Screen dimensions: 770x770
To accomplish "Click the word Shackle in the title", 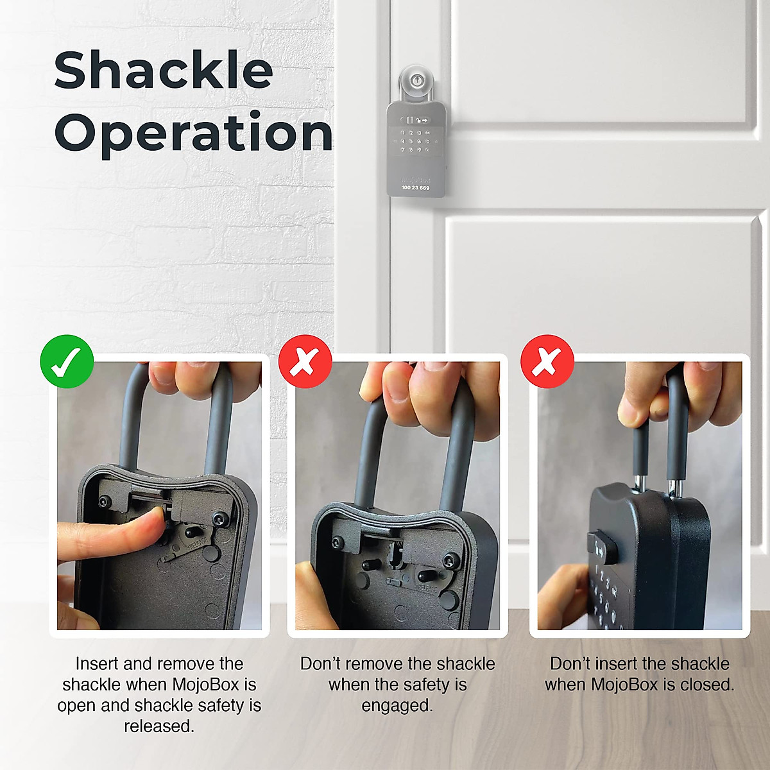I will (164, 71).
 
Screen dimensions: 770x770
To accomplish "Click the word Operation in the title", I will (194, 133).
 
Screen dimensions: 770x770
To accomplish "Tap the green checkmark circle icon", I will (67, 361).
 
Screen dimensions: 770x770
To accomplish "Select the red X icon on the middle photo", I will (305, 361).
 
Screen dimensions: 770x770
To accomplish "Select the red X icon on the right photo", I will (547, 361).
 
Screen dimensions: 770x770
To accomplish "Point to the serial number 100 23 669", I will (415, 188).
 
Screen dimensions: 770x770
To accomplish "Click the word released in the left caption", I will (158, 726).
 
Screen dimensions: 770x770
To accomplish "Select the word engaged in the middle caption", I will (397, 706).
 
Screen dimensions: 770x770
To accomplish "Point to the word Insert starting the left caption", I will (97, 663).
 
